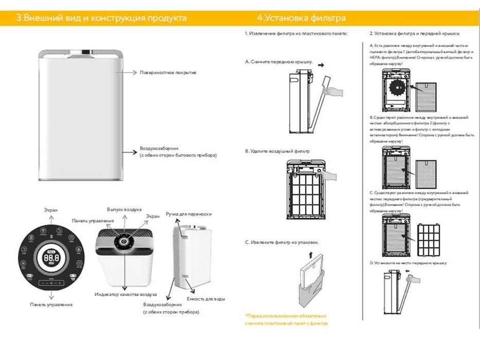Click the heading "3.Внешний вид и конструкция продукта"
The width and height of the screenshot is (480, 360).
coord(101,18)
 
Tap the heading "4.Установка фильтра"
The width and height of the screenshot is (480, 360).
coord(301,18)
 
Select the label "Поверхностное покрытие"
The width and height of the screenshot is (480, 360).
coord(168,73)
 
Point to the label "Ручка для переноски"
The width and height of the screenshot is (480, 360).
coord(188,213)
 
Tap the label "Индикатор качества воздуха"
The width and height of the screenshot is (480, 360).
coord(126,294)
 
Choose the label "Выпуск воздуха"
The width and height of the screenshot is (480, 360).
coord(124,210)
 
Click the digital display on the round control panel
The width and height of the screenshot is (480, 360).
coord(51,257)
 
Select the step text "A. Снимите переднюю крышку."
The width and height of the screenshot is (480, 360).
coord(279,62)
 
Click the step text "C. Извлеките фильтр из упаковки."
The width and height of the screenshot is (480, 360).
coord(281,242)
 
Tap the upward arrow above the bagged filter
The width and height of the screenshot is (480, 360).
coord(309,254)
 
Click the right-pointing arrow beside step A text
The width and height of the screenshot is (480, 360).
coord(322,66)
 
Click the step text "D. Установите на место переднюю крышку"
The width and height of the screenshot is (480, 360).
coord(408,263)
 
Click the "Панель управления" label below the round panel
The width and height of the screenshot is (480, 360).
coord(51,304)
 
